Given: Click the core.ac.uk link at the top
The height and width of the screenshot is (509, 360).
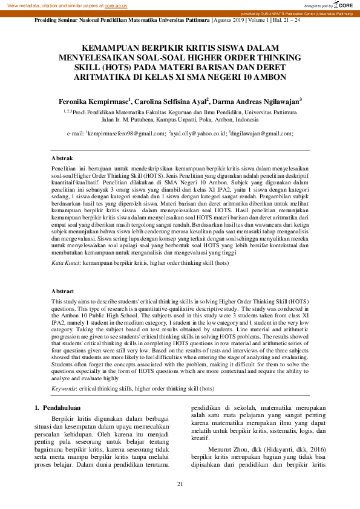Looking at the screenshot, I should click(x=116, y=5).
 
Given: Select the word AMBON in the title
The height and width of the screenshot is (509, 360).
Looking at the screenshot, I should click(x=269, y=77).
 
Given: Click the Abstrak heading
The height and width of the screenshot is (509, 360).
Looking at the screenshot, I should click(x=62, y=158).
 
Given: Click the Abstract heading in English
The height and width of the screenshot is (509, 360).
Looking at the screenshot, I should click(x=63, y=291).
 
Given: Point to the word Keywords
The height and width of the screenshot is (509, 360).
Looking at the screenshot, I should click(x=64, y=388).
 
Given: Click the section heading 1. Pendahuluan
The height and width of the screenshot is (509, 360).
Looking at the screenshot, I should click(x=63, y=408).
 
